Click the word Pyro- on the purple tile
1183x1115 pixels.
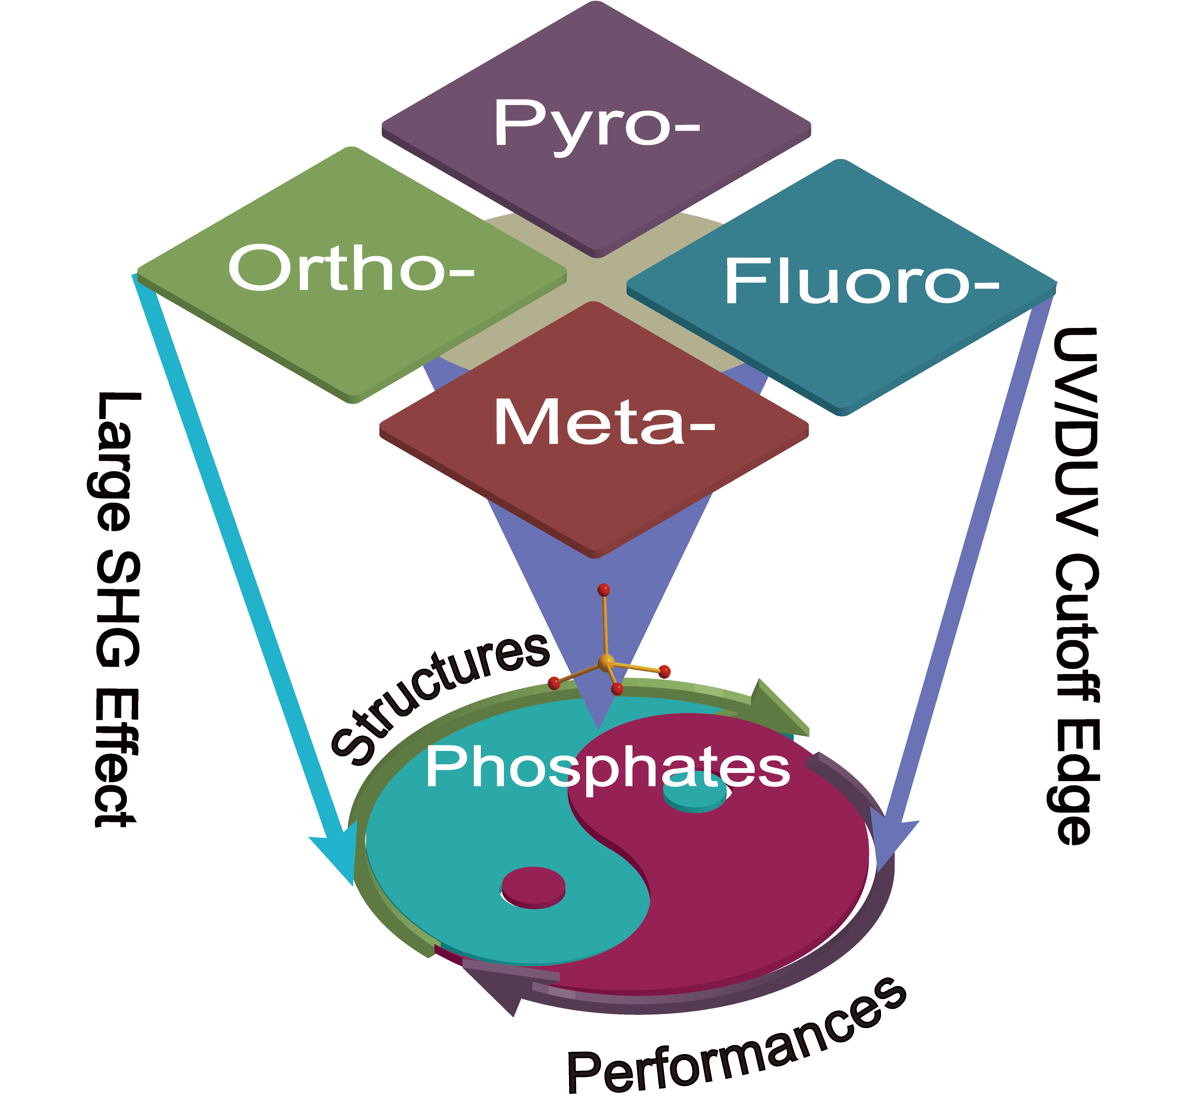pyautogui.click(x=597, y=124)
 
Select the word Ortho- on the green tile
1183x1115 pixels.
pyautogui.click(x=351, y=269)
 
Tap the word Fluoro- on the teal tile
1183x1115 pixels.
pyautogui.click(x=861, y=282)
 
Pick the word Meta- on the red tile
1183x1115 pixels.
pyautogui.click(x=603, y=422)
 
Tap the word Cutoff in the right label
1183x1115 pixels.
pyautogui.click(x=1076, y=631)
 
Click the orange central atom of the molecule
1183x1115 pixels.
pyautogui.click(x=606, y=661)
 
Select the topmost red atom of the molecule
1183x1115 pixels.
pyautogui.click(x=603, y=590)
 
